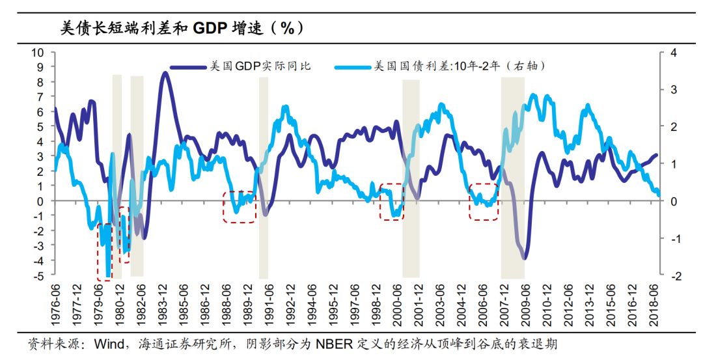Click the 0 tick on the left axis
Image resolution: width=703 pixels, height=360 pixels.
(x=40, y=201)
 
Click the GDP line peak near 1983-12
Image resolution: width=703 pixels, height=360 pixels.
(x=165, y=73)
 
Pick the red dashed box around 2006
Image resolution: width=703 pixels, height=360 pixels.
(x=484, y=202)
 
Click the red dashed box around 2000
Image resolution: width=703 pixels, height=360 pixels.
(x=391, y=202)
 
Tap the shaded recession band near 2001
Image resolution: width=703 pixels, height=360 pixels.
(x=411, y=176)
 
